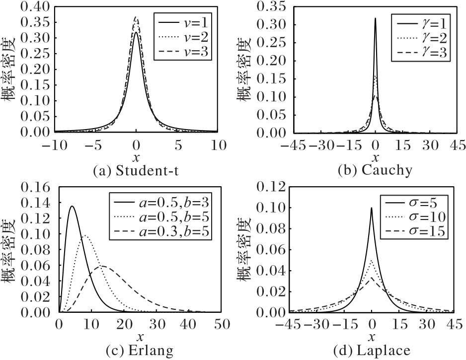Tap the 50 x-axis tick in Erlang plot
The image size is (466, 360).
click(x=218, y=325)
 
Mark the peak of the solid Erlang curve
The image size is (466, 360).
click(x=72, y=206)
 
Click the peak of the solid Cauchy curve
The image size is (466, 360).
click(x=375, y=18)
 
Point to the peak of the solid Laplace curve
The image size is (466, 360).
click(x=372, y=208)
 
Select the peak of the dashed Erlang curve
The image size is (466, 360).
click(x=102, y=266)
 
